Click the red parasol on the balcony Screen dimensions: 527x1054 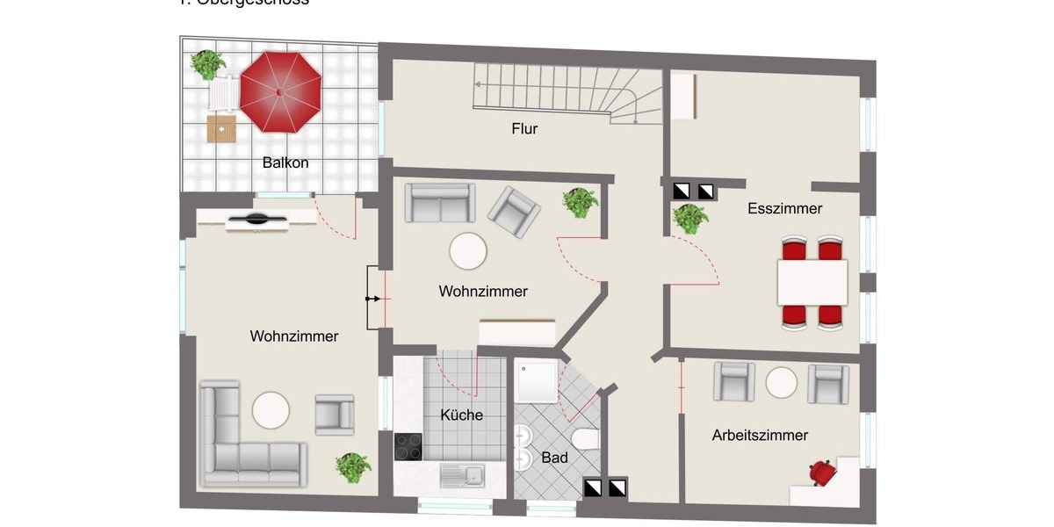pyautogui.click(x=280, y=91)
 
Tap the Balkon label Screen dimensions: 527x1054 pyautogui.click(x=285, y=162)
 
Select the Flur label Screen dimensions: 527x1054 pyautogui.click(x=524, y=129)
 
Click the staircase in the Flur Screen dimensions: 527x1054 pyautogui.click(x=571, y=91)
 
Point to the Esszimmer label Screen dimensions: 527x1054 pyautogui.click(x=784, y=208)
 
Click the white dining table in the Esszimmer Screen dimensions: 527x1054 pyautogui.click(x=812, y=282)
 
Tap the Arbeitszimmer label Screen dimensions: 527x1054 pyautogui.click(x=760, y=435)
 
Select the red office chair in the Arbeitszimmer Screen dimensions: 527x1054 pyautogui.click(x=822, y=473)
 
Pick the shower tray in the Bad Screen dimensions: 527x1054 pyautogui.click(x=537, y=379)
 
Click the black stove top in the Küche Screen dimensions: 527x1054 pyautogui.click(x=408, y=447)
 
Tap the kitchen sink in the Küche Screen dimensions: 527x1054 pyautogui.click(x=461, y=476)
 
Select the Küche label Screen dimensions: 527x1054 pyautogui.click(x=461, y=415)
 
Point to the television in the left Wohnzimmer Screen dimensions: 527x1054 pyautogui.click(x=256, y=220)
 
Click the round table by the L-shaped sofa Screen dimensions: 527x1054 pyautogui.click(x=271, y=409)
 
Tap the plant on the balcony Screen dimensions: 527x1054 pyautogui.click(x=207, y=63)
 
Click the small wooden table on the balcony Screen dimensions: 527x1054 pyautogui.click(x=221, y=128)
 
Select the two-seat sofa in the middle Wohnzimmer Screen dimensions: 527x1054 pyautogui.click(x=439, y=203)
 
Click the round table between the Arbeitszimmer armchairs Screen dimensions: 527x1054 pyautogui.click(x=781, y=383)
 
